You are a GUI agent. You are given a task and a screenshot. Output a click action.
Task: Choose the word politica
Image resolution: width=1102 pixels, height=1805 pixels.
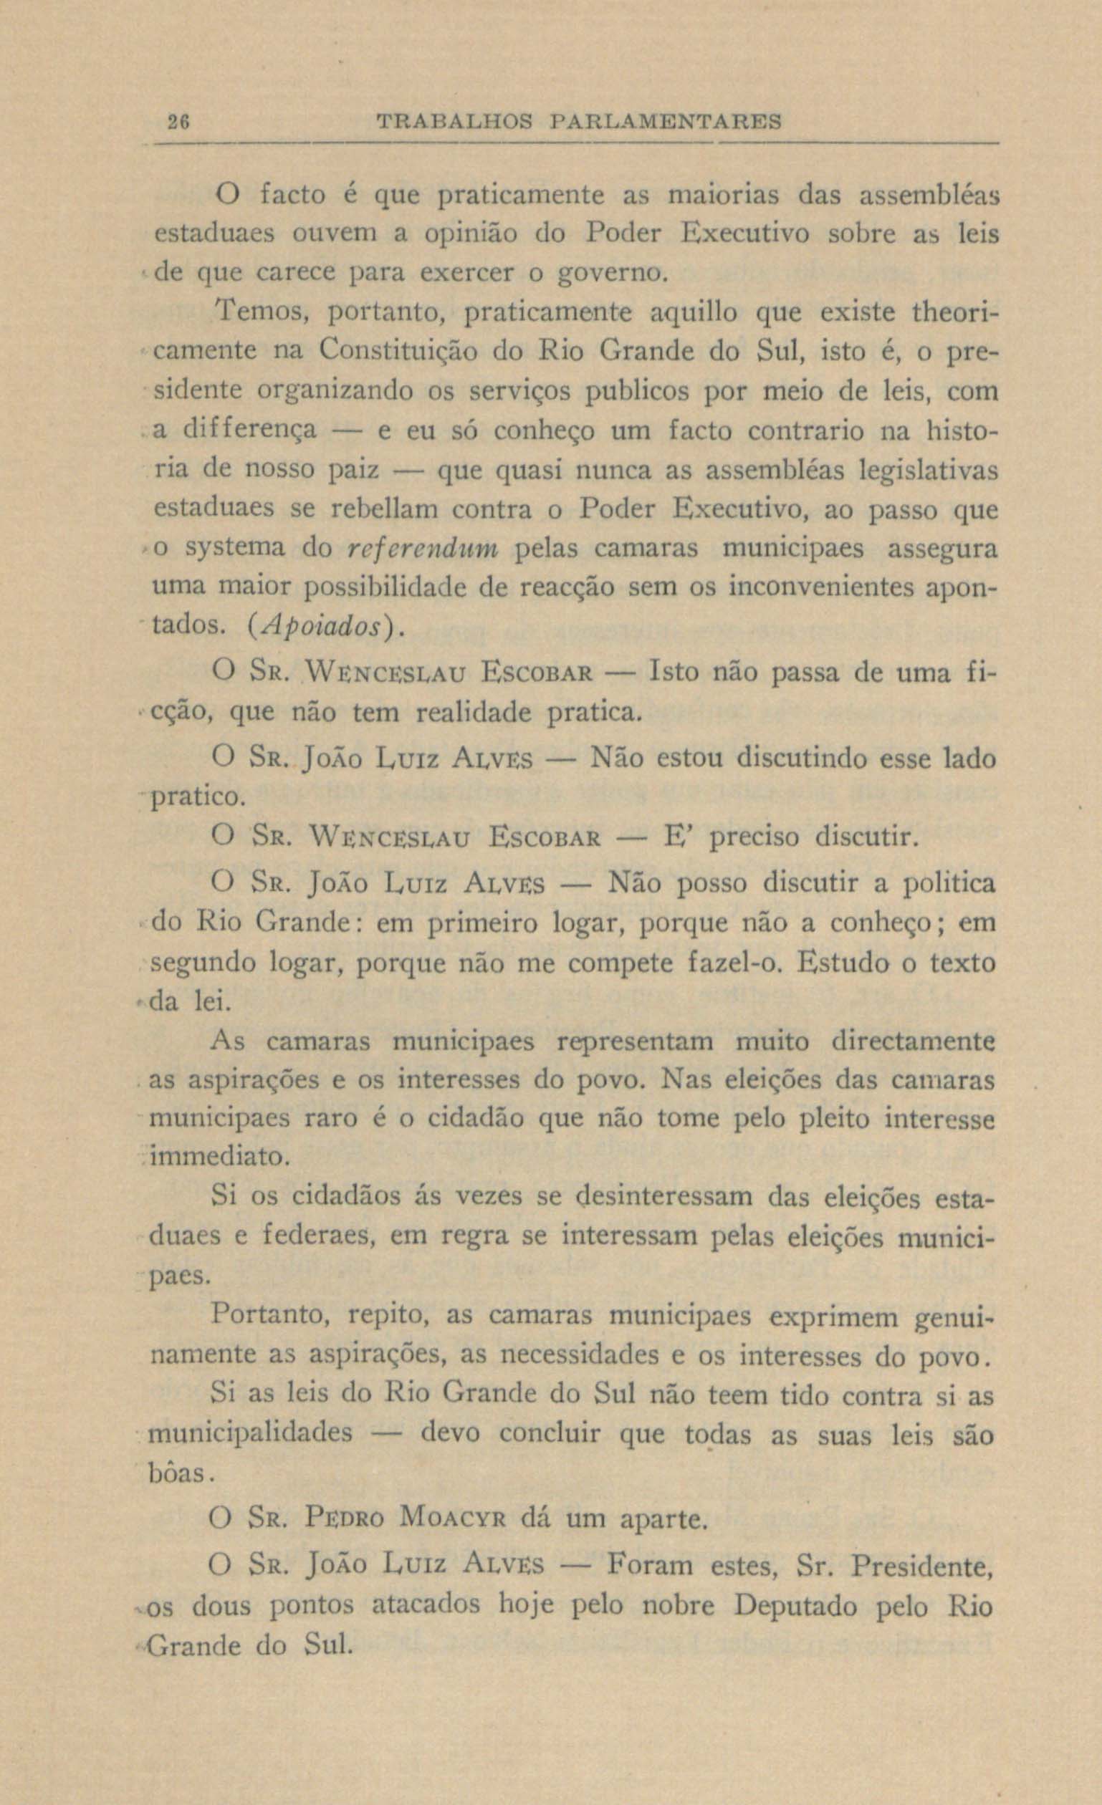(949, 884)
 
